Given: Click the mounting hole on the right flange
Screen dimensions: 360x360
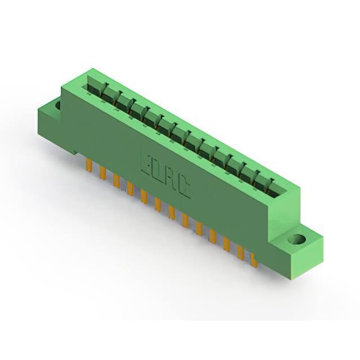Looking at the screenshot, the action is pyautogui.click(x=297, y=240).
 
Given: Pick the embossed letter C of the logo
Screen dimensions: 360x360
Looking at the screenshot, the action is pyautogui.click(x=183, y=187).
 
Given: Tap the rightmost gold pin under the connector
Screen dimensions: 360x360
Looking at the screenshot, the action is pyautogui.click(x=254, y=260).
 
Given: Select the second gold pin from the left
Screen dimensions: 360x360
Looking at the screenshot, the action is pyautogui.click(x=102, y=173).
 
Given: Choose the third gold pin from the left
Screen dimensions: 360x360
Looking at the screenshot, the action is pyautogui.click(x=116, y=181).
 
